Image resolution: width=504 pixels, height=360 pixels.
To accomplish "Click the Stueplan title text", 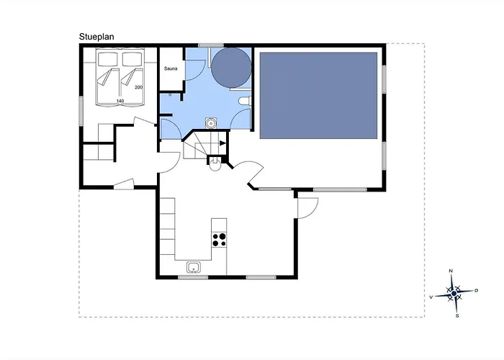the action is pyautogui.click(x=96, y=37).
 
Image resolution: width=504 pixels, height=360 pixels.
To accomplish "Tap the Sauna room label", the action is pyautogui.click(x=171, y=68).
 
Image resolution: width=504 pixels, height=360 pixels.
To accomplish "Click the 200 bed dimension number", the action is pyautogui.click(x=138, y=87).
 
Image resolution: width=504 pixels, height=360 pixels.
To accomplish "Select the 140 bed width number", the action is pyautogui.click(x=120, y=101).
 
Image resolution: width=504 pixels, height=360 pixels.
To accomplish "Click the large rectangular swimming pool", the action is pyautogui.click(x=318, y=96).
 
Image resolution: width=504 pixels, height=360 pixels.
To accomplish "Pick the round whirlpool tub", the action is pyautogui.click(x=231, y=68).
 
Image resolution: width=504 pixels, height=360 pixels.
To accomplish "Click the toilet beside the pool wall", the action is pyautogui.click(x=245, y=101).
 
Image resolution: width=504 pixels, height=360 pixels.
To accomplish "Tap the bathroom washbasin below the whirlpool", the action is pyautogui.click(x=211, y=123).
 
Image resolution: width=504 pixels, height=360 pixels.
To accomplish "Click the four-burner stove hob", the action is pyautogui.click(x=219, y=240).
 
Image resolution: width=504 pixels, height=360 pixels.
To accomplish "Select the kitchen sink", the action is pyautogui.click(x=194, y=267).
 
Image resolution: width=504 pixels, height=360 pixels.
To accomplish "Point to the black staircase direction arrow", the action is pyautogui.click(x=222, y=143).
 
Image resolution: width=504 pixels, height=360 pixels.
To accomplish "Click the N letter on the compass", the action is pyautogui.click(x=451, y=271).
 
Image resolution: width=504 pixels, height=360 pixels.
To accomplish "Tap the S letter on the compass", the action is pyautogui.click(x=457, y=316).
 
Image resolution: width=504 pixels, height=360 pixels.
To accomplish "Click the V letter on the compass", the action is pyautogui.click(x=431, y=297).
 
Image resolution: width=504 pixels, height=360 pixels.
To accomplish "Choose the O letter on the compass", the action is pyautogui.click(x=477, y=290).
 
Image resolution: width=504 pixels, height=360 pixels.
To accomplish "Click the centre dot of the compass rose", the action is pyautogui.click(x=454, y=294).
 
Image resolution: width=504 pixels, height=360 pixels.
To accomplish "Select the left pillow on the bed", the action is pyautogui.click(x=108, y=60).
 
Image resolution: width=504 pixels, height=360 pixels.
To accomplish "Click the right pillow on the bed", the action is pyautogui.click(x=132, y=60).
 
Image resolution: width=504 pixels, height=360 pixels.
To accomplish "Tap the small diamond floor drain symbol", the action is pyautogui.click(x=170, y=95).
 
